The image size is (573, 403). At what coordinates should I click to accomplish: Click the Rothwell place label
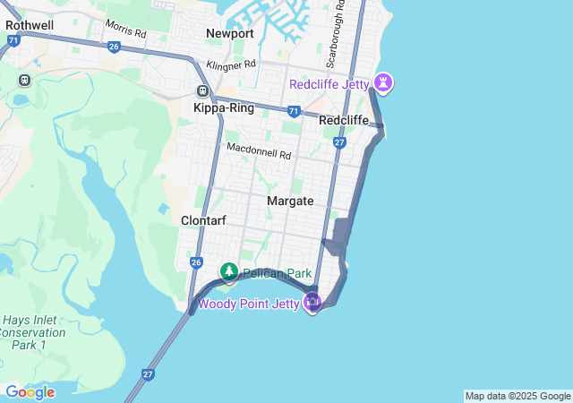(30, 25)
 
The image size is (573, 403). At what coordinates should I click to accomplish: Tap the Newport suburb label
(230, 33)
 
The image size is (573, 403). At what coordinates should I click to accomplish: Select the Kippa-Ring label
(224, 107)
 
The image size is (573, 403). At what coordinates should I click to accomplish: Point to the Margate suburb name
(290, 201)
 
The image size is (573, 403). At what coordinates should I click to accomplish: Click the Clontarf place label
(203, 220)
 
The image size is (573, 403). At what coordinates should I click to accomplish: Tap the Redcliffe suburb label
(344, 120)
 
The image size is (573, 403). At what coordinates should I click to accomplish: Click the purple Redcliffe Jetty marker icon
(385, 83)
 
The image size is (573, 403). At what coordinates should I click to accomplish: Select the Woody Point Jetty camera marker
(312, 303)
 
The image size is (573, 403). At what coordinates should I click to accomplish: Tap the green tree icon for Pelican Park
(229, 271)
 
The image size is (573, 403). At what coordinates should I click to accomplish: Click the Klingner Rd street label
(231, 65)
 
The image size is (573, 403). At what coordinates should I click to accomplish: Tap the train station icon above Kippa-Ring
(203, 90)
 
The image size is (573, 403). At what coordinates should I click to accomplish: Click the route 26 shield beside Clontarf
(196, 262)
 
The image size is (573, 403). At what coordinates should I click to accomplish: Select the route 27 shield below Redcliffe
(339, 142)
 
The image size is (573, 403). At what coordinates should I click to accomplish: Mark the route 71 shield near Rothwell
(12, 40)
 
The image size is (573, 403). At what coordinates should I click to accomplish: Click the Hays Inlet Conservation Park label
(34, 331)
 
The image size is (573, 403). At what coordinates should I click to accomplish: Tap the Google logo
(30, 391)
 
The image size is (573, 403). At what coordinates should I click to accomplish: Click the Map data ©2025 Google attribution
(517, 396)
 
